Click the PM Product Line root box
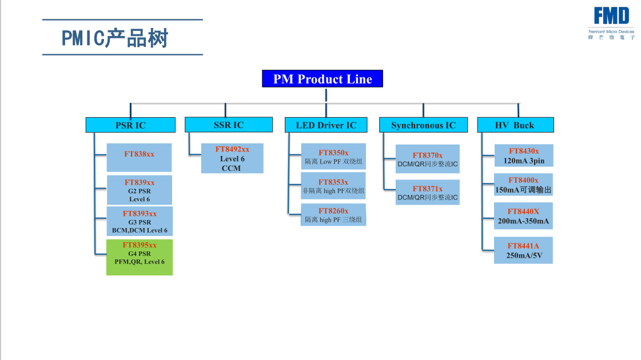click(x=322, y=79)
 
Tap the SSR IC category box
click(x=228, y=125)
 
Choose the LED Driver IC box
click(x=326, y=125)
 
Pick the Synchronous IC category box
click(x=423, y=125)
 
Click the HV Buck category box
click(x=515, y=125)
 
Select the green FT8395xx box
click(x=140, y=257)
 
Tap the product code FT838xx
click(x=140, y=154)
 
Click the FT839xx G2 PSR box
click(x=140, y=190)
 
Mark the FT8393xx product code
click(x=140, y=214)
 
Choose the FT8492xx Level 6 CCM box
click(x=232, y=158)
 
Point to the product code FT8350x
click(x=333, y=153)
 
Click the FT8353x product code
click(x=333, y=182)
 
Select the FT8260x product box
click(x=333, y=214)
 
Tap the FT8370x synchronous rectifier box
click(x=428, y=159)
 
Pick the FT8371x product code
click(x=428, y=189)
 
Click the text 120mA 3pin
click(x=524, y=161)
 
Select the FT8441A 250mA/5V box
click(x=523, y=250)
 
